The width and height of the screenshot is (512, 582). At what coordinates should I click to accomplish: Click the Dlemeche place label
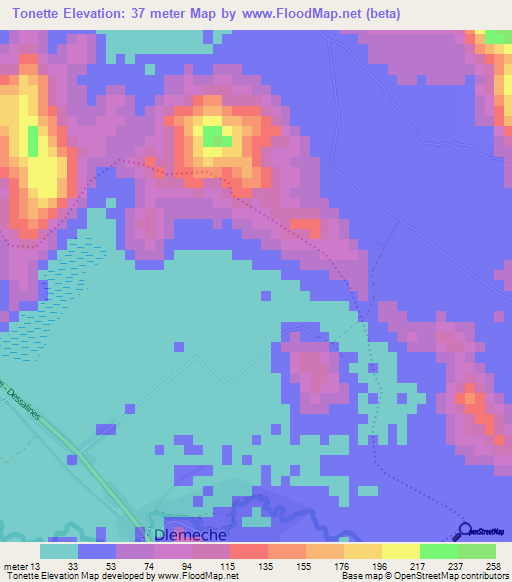(x=189, y=535)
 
